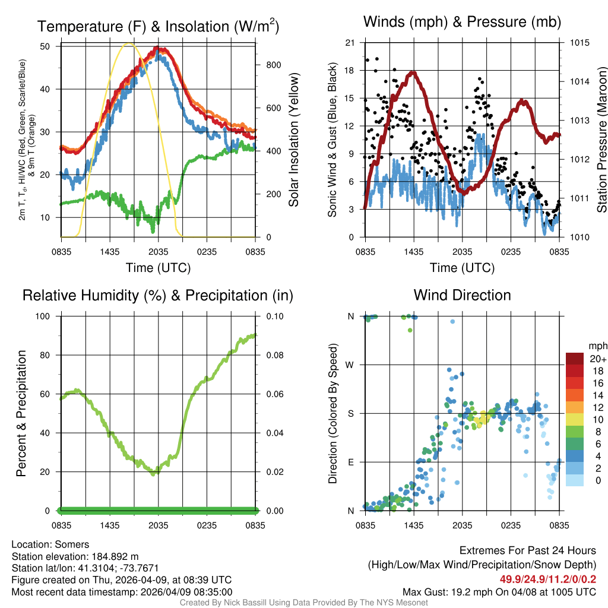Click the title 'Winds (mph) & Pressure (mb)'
click(x=462, y=23)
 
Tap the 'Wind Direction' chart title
click(x=462, y=295)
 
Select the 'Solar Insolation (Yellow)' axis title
click(x=293, y=140)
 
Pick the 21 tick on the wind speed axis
click(x=350, y=43)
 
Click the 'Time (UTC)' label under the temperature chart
click(x=159, y=268)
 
